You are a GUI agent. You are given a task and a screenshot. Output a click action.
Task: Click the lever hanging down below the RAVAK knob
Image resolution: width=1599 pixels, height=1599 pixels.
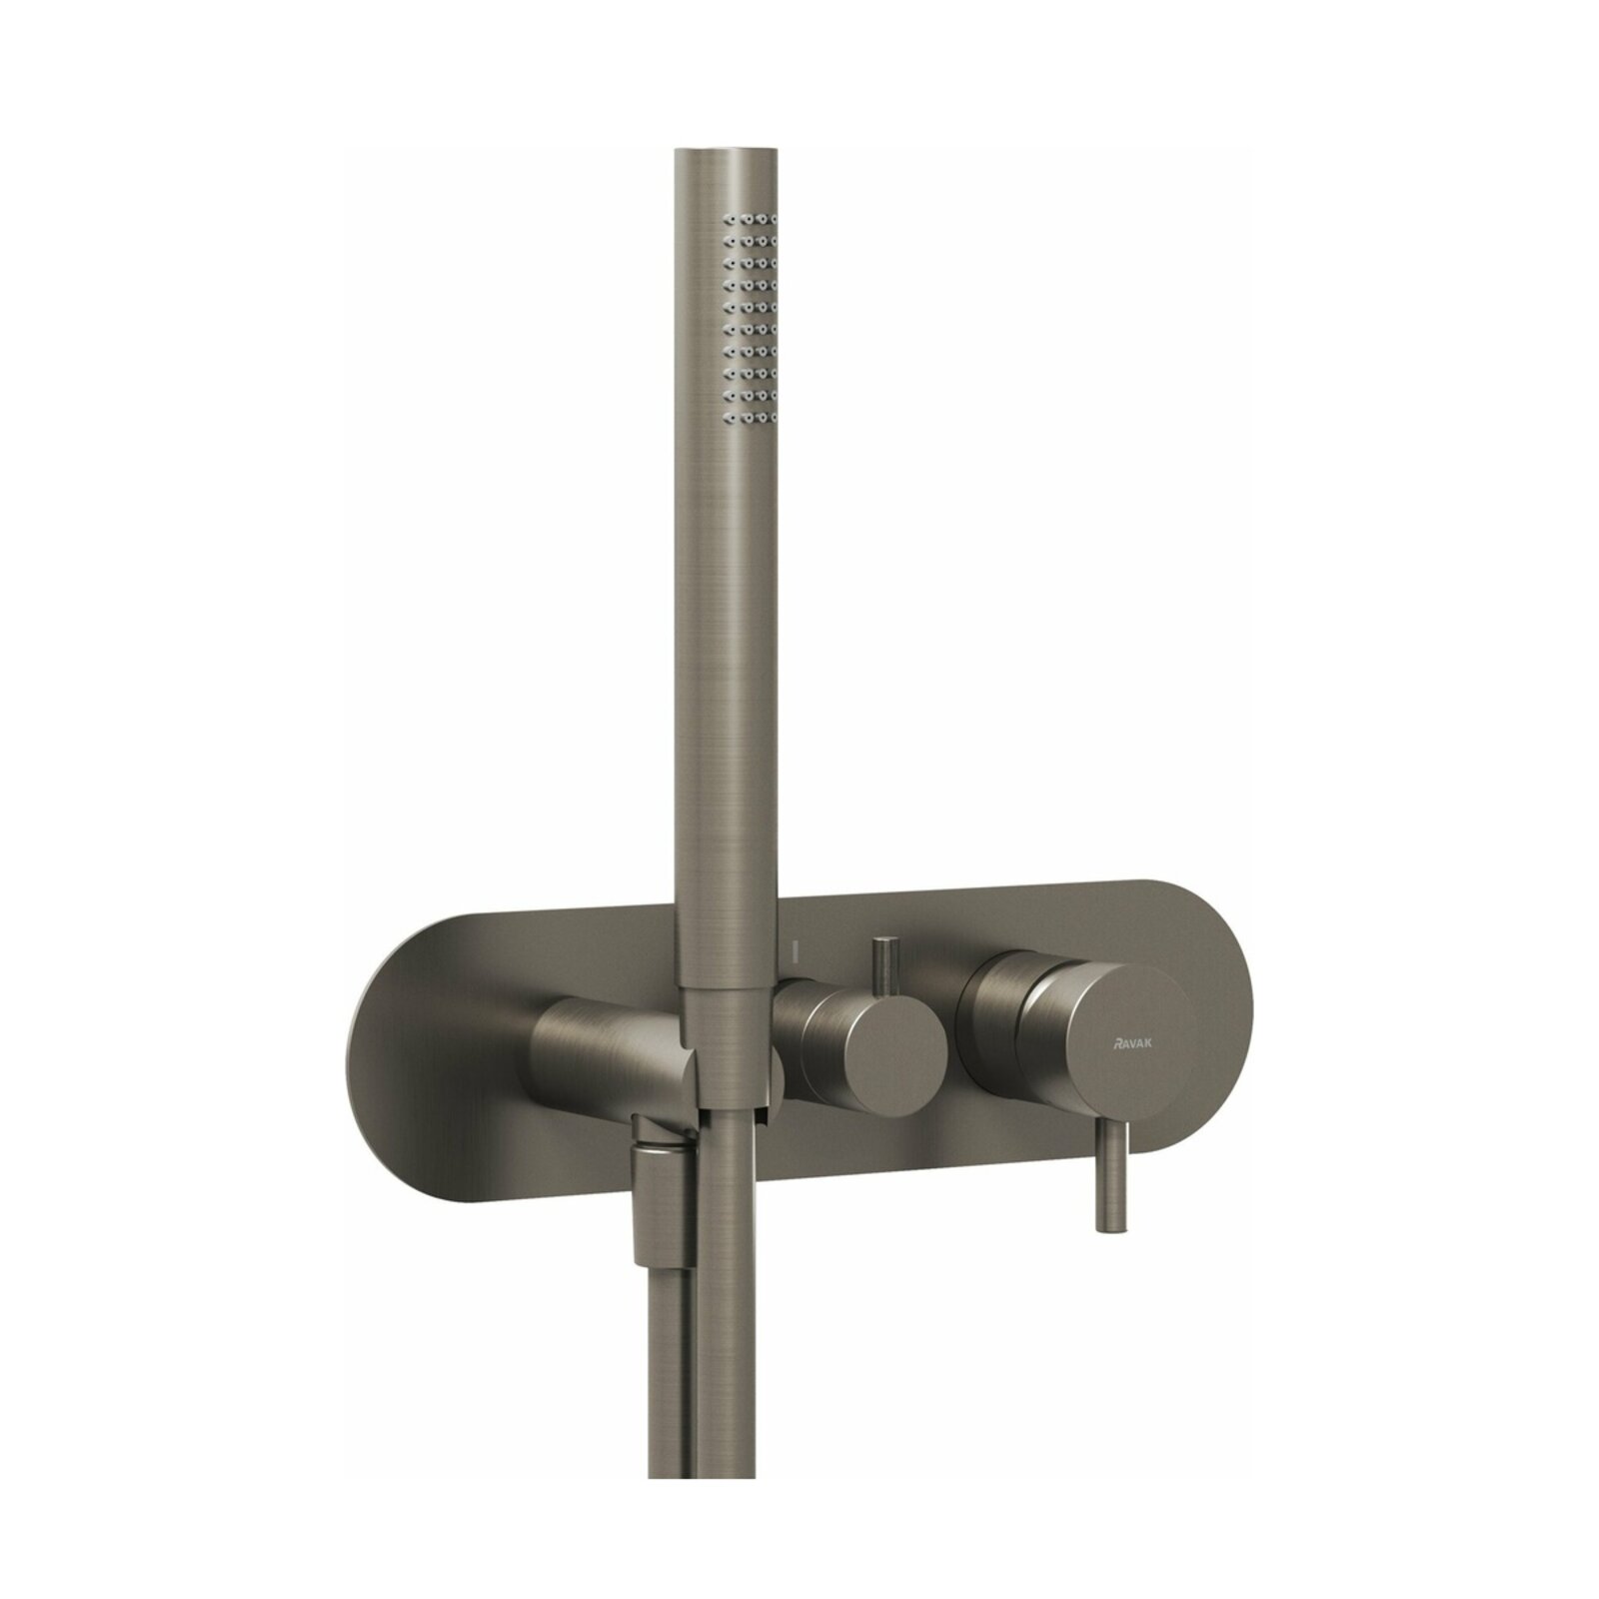point(1111,1174)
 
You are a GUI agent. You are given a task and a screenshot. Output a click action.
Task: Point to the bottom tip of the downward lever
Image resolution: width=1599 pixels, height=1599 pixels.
point(1111,1230)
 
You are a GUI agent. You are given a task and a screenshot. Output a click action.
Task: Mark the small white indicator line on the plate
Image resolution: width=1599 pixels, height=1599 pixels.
point(792,946)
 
